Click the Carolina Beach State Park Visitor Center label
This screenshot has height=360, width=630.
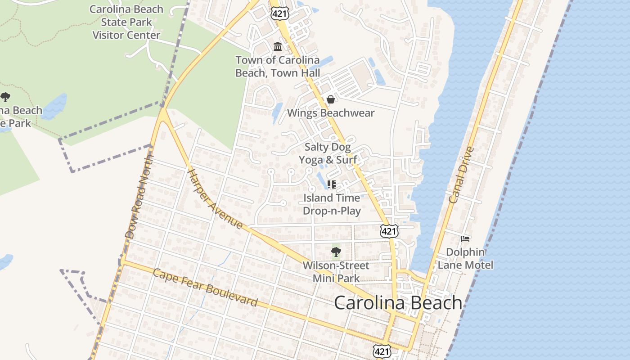click(126, 22)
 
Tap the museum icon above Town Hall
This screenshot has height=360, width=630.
click(278, 47)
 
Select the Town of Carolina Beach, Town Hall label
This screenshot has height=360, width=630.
click(278, 66)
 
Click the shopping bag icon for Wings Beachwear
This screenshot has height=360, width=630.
click(331, 99)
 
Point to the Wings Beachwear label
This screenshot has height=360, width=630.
click(331, 113)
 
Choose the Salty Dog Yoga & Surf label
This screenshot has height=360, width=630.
click(328, 153)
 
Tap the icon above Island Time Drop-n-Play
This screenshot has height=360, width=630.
click(332, 184)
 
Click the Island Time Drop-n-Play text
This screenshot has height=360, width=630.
click(332, 204)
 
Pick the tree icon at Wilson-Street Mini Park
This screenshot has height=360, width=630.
click(336, 252)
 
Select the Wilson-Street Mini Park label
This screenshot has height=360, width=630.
click(336, 272)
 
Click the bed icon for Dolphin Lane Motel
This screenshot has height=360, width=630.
click(465, 238)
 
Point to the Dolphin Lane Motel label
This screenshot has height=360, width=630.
click(465, 258)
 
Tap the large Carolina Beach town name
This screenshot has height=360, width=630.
click(398, 302)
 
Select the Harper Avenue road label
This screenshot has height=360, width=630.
click(215, 198)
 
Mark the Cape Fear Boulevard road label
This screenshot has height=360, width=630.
click(205, 288)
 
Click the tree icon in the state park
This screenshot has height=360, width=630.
click(5, 97)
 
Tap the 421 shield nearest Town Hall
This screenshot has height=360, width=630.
click(279, 13)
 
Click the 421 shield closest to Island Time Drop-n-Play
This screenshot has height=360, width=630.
click(389, 231)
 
